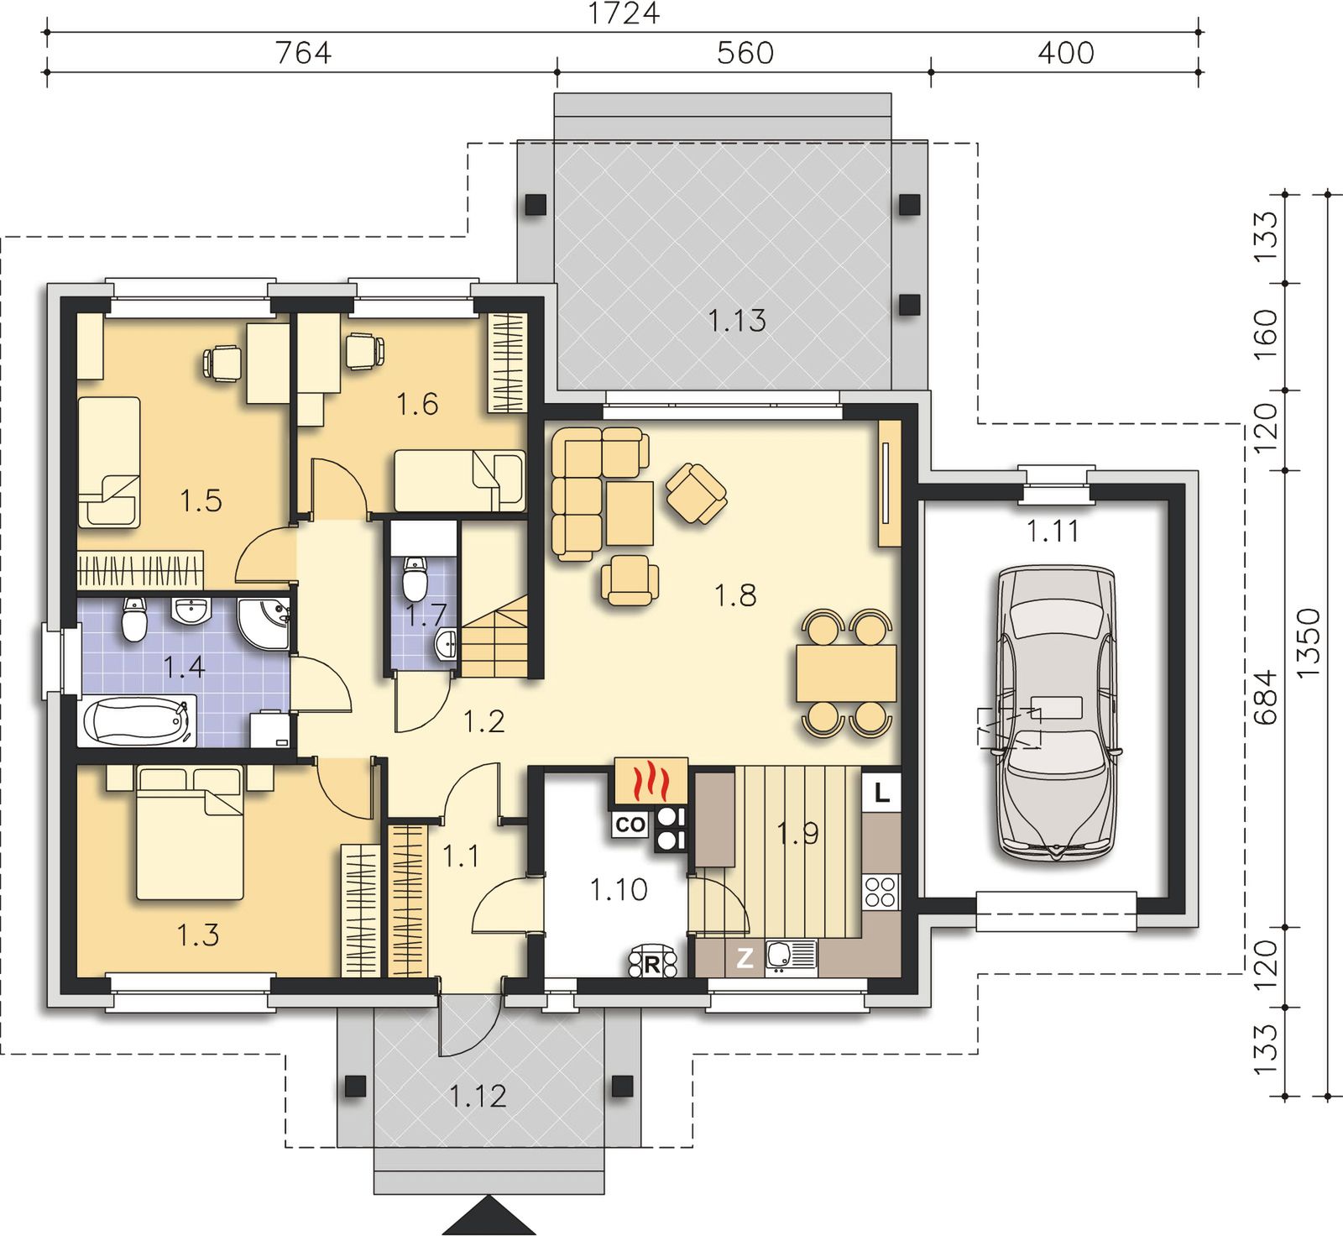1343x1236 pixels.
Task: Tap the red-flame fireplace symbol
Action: pos(651,783)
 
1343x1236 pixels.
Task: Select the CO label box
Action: pos(630,825)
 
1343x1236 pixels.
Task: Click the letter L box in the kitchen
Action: pos(881,792)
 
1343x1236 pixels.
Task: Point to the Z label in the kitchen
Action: pos(745,958)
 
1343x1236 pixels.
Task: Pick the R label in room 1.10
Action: pos(652,965)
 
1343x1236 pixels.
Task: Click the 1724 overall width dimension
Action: pos(623,13)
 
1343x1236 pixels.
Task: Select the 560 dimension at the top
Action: pos(745,53)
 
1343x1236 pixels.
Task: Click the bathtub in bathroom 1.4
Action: pos(138,720)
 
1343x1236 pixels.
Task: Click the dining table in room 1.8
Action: pos(846,673)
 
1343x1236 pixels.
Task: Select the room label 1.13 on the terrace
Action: pos(736,320)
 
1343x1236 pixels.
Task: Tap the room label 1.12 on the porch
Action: pos(478,1096)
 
